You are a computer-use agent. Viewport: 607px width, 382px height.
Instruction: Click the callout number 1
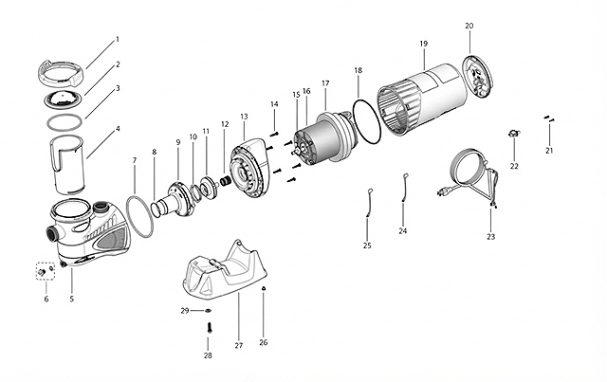[x=118, y=39]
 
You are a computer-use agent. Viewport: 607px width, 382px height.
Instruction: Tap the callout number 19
[x=424, y=44]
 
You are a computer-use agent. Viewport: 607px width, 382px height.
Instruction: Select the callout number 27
[x=238, y=345]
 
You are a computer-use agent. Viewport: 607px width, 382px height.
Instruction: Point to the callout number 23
[x=491, y=237]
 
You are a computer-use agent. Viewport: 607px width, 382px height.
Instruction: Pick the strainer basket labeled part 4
[x=67, y=165]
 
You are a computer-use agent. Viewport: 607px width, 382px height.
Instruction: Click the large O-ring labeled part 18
[x=367, y=121]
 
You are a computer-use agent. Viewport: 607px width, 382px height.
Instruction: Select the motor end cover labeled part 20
[x=478, y=77]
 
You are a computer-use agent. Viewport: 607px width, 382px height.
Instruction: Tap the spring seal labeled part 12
[x=226, y=181]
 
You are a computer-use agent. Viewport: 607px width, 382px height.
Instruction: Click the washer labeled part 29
[x=209, y=310]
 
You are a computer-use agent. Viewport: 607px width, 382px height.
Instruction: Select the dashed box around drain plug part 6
[x=46, y=271]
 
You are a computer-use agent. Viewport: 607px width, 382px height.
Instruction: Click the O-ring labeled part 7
[x=139, y=216]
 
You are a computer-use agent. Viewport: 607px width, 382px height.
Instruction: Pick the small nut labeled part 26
[x=264, y=288]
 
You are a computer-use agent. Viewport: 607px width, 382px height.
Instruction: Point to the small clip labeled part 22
[x=514, y=134]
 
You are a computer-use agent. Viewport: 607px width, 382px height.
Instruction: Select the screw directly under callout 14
[x=274, y=134]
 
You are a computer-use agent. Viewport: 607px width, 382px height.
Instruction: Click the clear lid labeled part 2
[x=64, y=100]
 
